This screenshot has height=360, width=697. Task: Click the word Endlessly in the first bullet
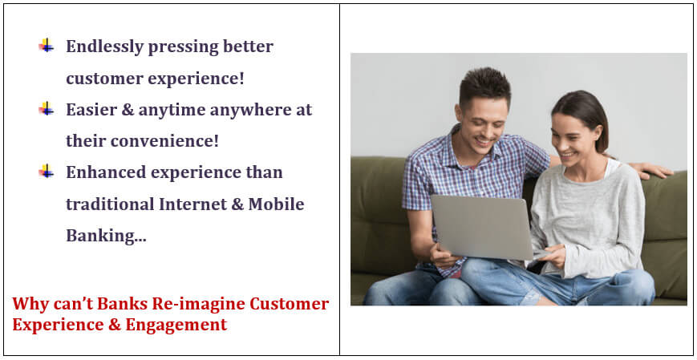[104, 47]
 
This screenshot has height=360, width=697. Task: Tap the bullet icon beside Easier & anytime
[47, 108]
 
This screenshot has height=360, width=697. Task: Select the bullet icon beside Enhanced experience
[47, 171]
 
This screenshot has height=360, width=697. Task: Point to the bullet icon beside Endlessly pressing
[47, 46]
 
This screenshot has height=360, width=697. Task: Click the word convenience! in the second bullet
[164, 141]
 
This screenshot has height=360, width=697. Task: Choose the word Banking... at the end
[106, 236]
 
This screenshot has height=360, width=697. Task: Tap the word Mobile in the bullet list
[276, 204]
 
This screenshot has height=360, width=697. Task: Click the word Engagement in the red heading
[176, 326]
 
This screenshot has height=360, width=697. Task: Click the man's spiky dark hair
[484, 84]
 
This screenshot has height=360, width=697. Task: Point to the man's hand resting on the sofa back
[653, 170]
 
